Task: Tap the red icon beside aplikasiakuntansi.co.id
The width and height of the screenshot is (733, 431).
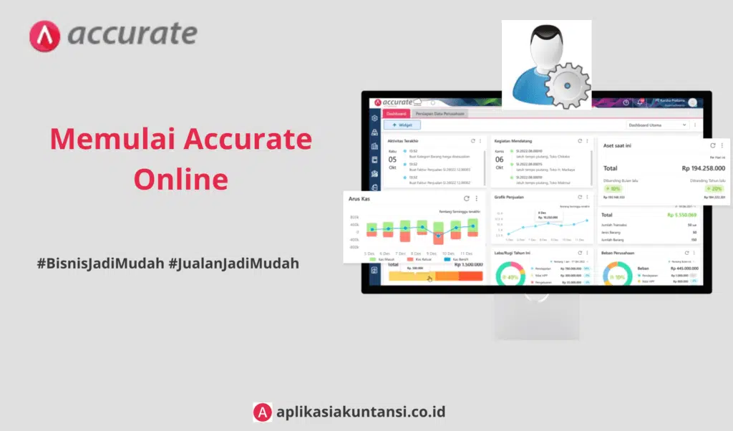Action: click(x=263, y=412)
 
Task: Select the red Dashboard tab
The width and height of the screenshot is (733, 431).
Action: click(x=396, y=113)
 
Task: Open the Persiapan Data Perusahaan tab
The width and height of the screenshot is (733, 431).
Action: click(x=440, y=113)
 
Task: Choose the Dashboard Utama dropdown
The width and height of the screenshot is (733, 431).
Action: click(x=655, y=125)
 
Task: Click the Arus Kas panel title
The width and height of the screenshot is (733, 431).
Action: click(x=359, y=198)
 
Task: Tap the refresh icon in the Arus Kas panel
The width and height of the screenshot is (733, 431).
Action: click(x=467, y=198)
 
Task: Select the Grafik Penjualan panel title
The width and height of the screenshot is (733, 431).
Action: click(x=511, y=196)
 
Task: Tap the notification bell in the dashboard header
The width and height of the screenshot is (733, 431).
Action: click(x=641, y=102)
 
